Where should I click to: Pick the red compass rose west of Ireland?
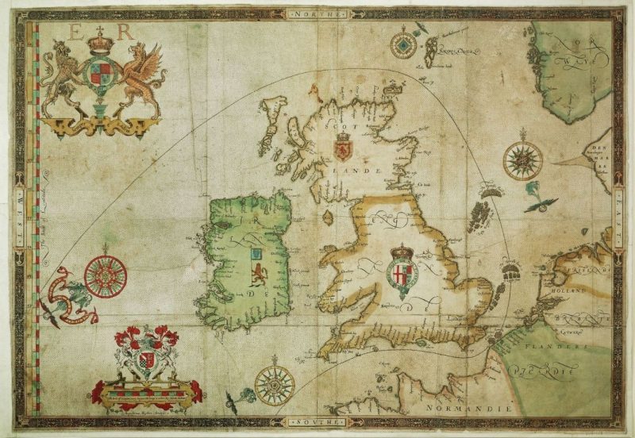(x=106, y=274)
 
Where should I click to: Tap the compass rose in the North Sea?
(x=522, y=159)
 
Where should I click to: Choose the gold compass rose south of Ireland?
(x=275, y=384)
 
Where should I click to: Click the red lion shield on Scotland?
(x=344, y=148)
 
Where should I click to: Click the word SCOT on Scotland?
(x=342, y=125)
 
